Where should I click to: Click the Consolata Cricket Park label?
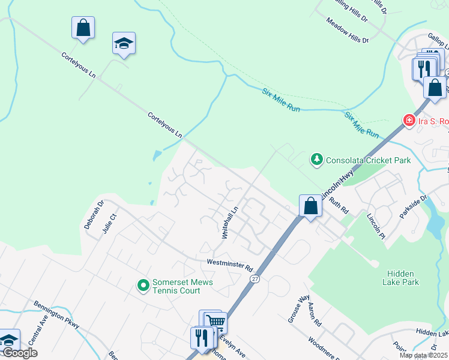[x=368, y=160]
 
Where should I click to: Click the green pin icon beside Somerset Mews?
[x=143, y=284]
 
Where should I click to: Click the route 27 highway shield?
[x=256, y=279]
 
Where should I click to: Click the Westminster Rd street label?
[x=230, y=263]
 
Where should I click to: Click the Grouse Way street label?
[x=298, y=308]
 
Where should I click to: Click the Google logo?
[x=20, y=353]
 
